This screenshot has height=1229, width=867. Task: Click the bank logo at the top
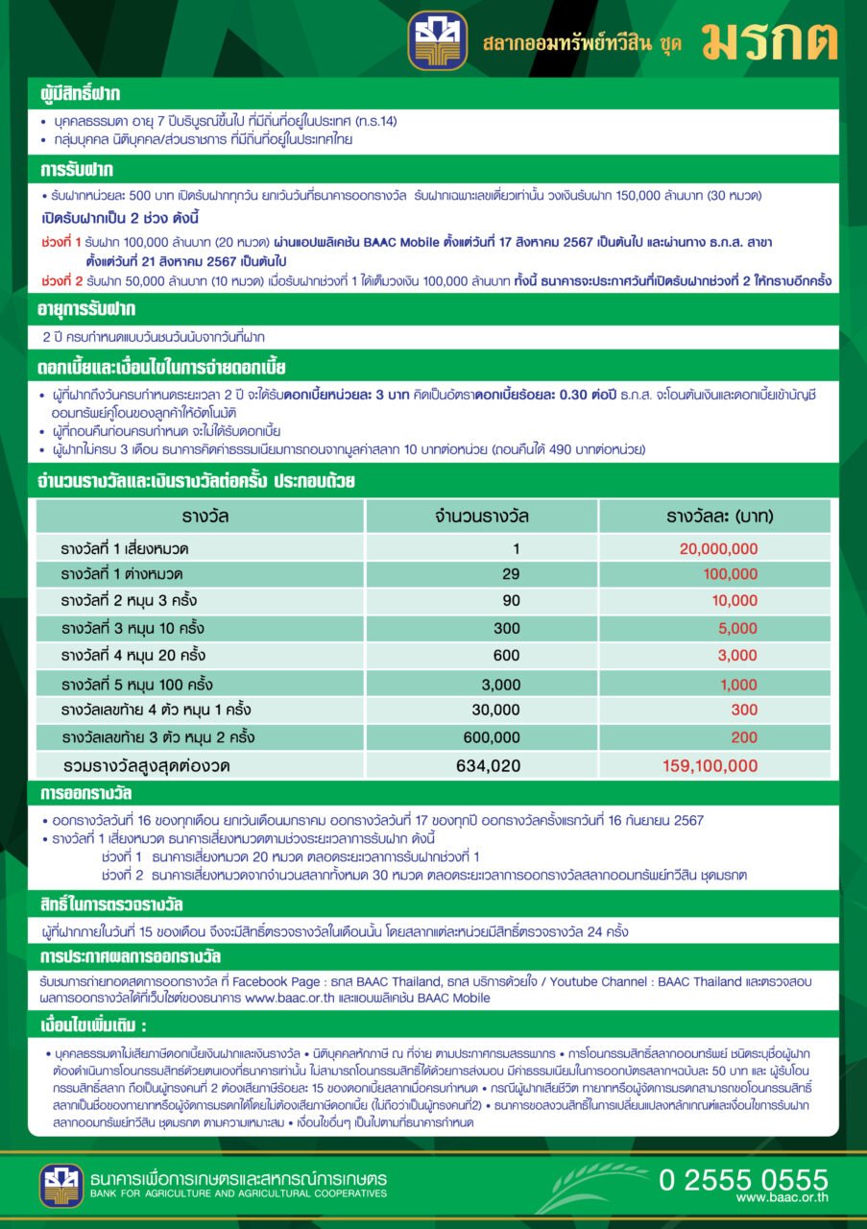click(437, 40)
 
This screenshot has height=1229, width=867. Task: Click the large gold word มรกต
click(769, 40)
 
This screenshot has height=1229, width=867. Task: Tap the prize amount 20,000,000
click(718, 549)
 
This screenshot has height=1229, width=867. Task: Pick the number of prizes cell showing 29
click(511, 574)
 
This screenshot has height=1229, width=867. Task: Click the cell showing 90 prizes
click(511, 601)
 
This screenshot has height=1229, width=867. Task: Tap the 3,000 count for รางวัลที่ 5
click(501, 685)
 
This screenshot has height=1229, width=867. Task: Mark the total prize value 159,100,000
click(710, 766)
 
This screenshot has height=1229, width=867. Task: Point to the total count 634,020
click(494, 766)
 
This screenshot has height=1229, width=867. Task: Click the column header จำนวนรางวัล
click(481, 517)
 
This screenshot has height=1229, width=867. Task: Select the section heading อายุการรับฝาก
click(88, 309)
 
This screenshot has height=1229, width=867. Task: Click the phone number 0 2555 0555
click(743, 1179)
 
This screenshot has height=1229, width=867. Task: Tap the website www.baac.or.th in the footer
click(783, 1198)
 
